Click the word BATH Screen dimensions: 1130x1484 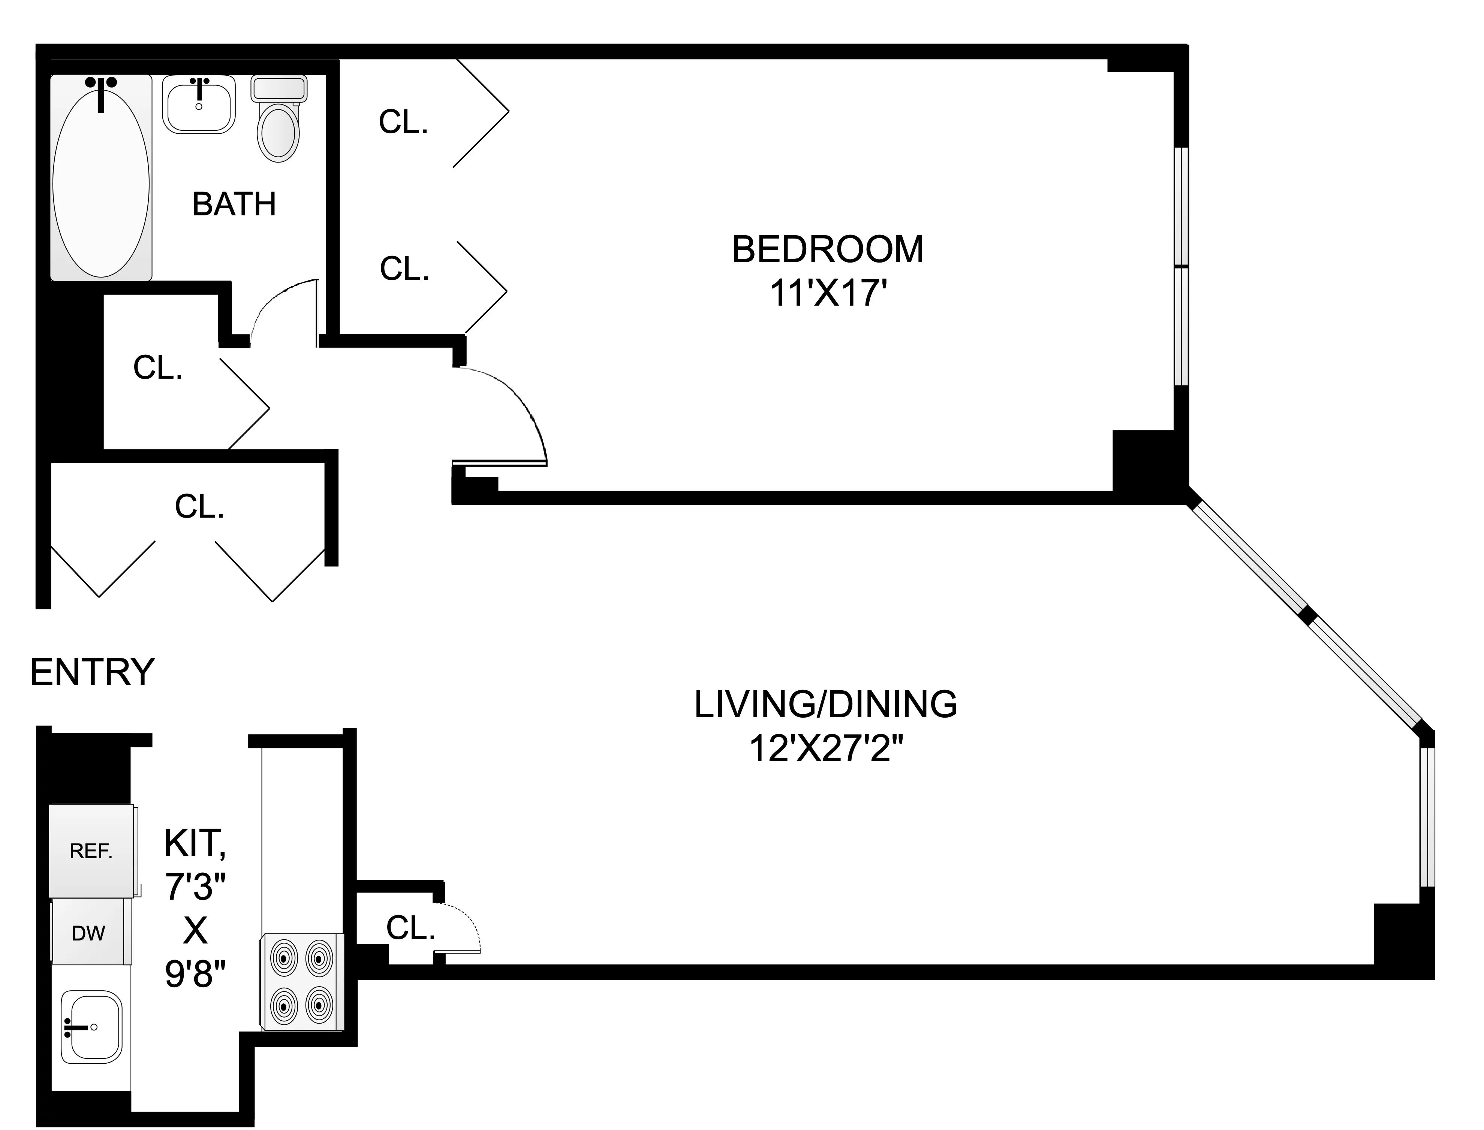[x=234, y=205]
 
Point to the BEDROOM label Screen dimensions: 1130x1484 [x=827, y=249]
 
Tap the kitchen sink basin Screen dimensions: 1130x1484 [x=91, y=1026]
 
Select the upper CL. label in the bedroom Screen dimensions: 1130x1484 [x=403, y=122]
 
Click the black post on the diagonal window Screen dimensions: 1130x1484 [x=1306, y=615]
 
